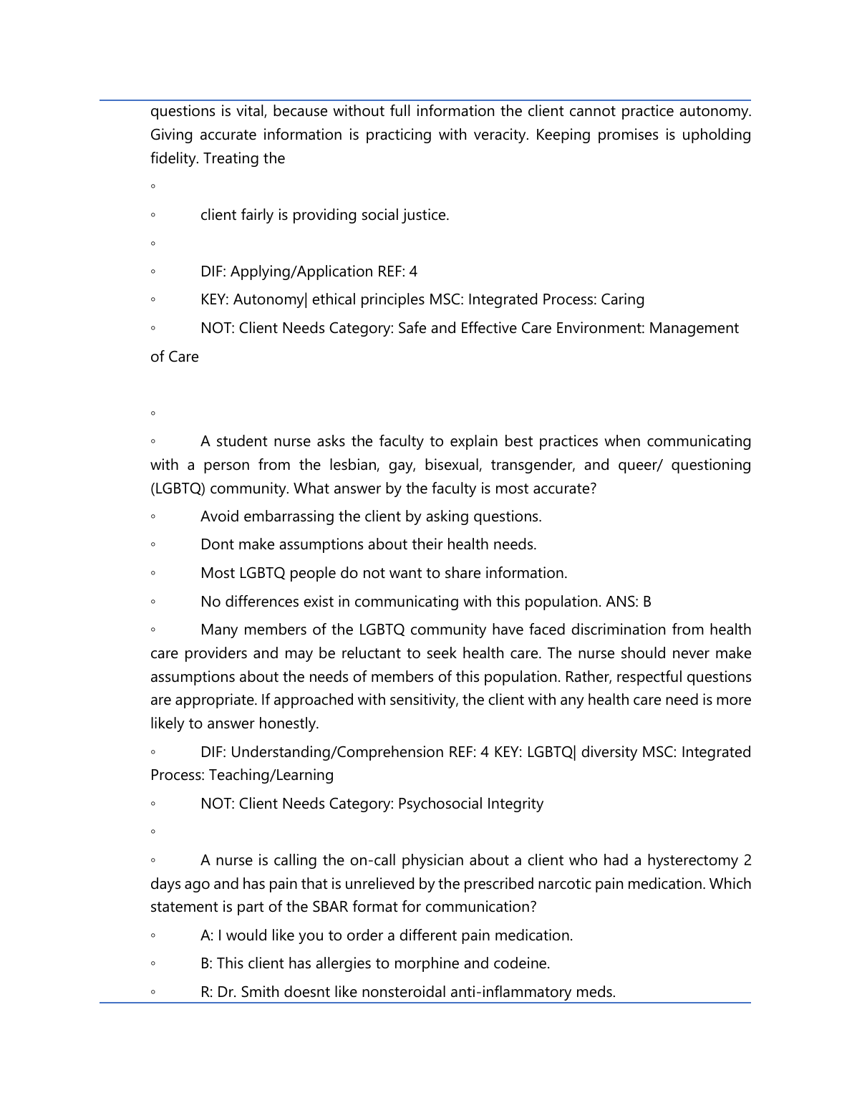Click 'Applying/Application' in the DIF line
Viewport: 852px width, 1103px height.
click(x=301, y=271)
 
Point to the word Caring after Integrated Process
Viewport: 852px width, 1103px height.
click(x=622, y=299)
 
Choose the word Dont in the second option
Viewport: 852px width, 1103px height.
click(x=217, y=544)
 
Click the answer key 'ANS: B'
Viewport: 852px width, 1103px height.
click(x=628, y=602)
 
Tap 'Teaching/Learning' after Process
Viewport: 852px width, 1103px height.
click(x=271, y=775)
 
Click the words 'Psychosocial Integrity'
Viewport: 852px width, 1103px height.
click(x=470, y=804)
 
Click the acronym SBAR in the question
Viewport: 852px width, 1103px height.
click(x=331, y=907)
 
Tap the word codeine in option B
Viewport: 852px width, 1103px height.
click(x=523, y=963)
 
